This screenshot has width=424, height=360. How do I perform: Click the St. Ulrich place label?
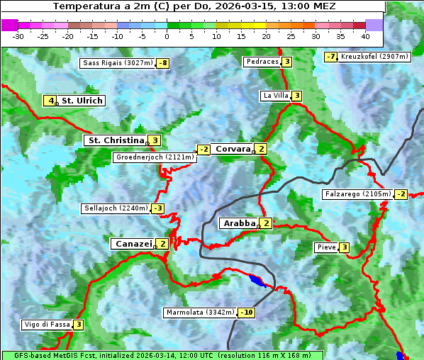coord(82,101)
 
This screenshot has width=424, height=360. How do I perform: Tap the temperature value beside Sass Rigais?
coord(163,63)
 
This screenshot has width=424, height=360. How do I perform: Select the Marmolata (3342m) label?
coord(200,313)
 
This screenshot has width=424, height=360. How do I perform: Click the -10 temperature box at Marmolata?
coord(246,313)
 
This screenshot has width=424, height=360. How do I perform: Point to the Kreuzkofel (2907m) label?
coord(374,57)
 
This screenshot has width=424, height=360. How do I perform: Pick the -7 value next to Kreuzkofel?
coord(330,57)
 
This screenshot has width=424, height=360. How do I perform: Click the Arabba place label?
coord(238,223)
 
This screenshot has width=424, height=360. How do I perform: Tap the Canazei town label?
coord(133,244)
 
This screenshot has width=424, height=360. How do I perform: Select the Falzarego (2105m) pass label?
coord(357,194)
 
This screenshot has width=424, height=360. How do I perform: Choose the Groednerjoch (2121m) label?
coord(154,157)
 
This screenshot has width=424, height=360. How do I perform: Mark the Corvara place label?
coord(233,149)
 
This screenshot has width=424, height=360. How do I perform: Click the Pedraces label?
coord(262,62)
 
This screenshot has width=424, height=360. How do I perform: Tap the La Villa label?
coord(275,96)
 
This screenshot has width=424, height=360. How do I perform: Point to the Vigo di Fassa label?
coord(47,325)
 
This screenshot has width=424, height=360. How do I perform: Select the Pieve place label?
coord(326,247)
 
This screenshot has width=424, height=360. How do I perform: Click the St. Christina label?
coord(115,140)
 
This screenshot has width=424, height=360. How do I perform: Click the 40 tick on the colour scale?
coord(365,35)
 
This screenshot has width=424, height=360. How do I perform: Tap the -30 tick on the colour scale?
coord(18,35)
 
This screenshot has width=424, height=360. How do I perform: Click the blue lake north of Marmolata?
coord(258,281)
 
